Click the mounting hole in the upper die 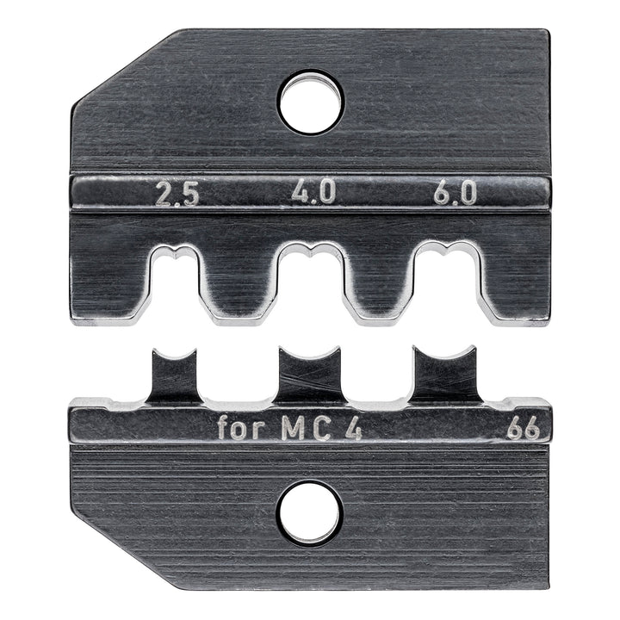[310, 102]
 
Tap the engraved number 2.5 [177, 195]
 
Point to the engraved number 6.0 [455, 195]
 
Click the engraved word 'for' [245, 428]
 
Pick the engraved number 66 [523, 428]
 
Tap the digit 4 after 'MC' [354, 428]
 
